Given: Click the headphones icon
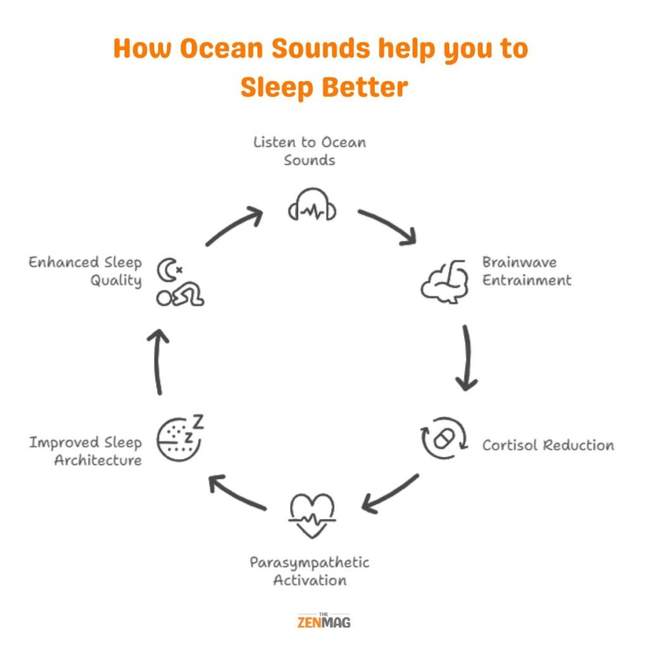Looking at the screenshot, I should pyautogui.click(x=312, y=206).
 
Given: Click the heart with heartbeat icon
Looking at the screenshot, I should pyautogui.click(x=312, y=514).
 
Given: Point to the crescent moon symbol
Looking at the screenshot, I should pyautogui.click(x=166, y=268).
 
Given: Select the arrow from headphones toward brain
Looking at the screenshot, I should pyautogui.click(x=387, y=227).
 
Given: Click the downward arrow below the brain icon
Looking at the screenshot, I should pyautogui.click(x=467, y=358).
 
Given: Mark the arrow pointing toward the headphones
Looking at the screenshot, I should pyautogui.click(x=234, y=227).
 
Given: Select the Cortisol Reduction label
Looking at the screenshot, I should pyautogui.click(x=548, y=445).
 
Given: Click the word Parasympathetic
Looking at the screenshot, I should pyautogui.click(x=309, y=562).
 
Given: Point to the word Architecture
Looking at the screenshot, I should pyautogui.click(x=97, y=460).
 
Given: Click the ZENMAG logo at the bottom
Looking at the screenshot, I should pyautogui.click(x=323, y=621).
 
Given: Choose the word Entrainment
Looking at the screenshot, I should pyautogui.click(x=526, y=280).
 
